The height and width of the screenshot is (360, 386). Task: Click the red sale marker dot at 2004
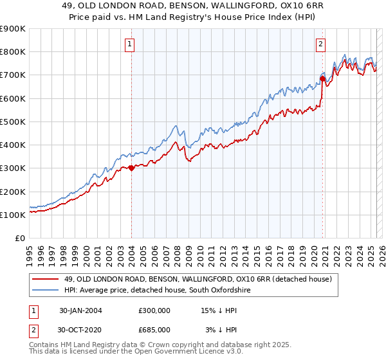click(x=131, y=168)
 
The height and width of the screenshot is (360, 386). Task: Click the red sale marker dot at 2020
click(x=322, y=78)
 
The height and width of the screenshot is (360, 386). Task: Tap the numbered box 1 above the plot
click(x=131, y=44)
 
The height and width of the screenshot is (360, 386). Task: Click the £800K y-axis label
click(x=13, y=51)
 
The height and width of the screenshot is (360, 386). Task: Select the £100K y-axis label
click(x=13, y=215)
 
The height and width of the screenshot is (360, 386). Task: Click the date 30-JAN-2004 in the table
click(x=80, y=310)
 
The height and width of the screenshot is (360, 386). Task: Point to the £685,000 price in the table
click(x=154, y=329)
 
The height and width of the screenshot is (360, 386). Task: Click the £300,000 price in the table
click(x=154, y=310)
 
